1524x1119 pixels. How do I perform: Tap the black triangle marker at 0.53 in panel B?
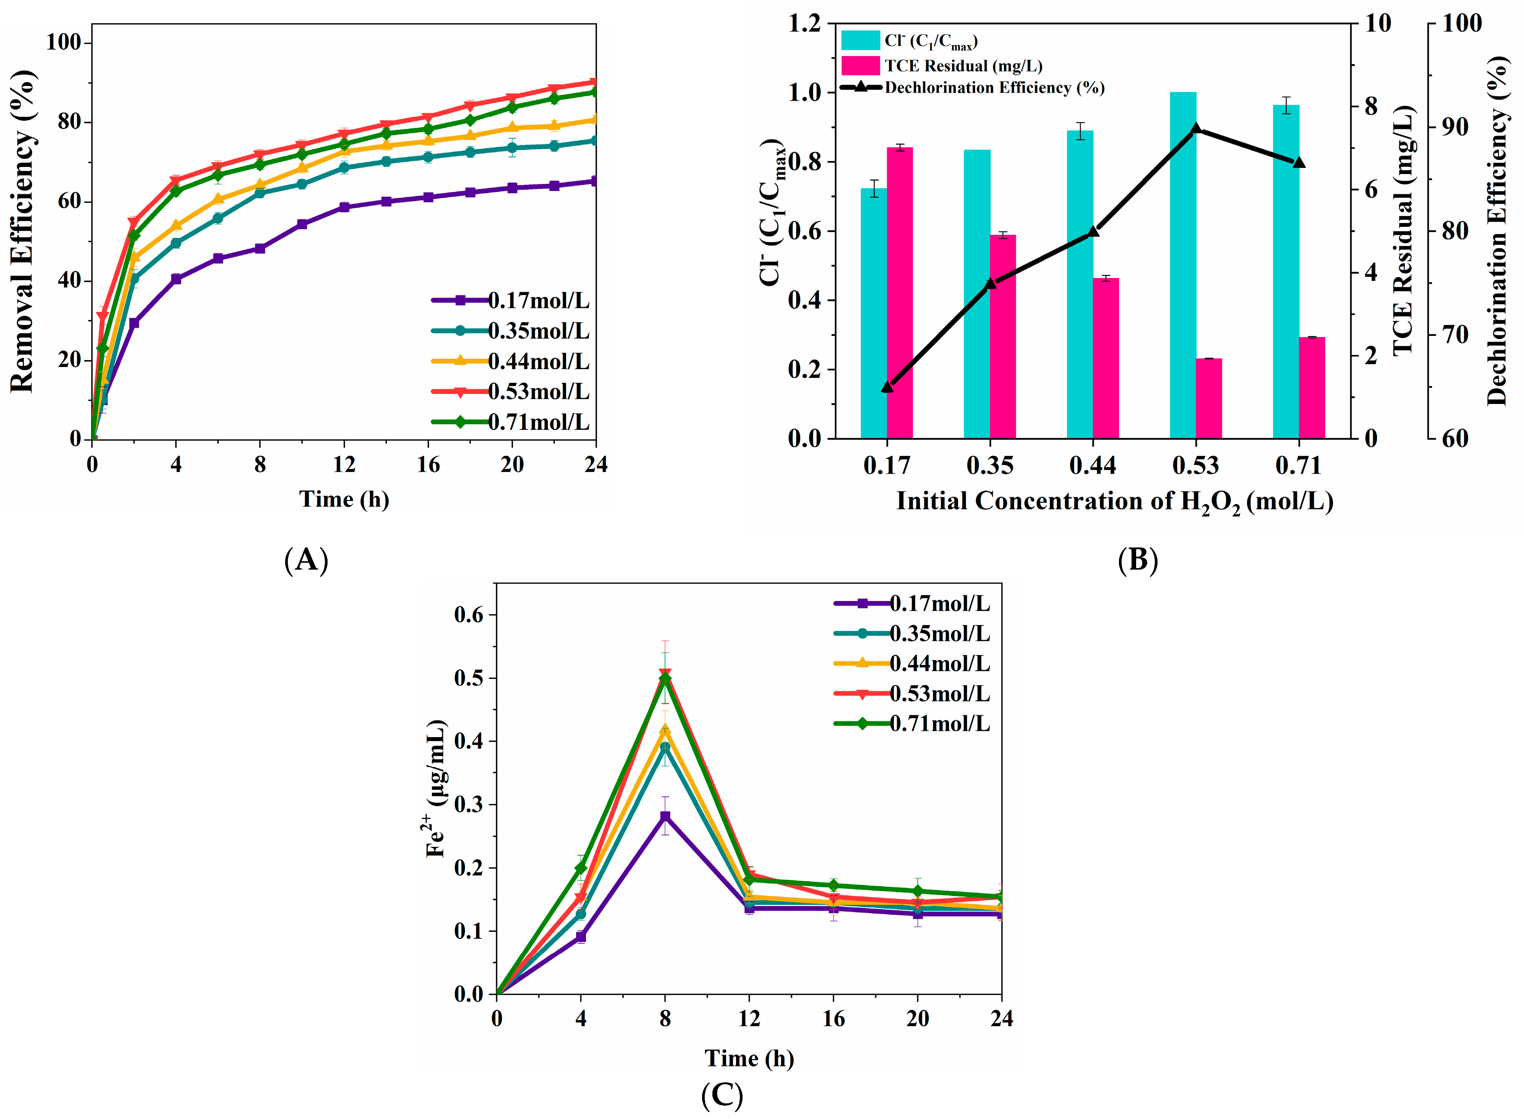1196,129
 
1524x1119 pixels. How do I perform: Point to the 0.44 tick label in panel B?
1093,466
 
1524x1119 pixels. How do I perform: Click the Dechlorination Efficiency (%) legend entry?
994,87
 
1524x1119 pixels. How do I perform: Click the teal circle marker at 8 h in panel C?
665,747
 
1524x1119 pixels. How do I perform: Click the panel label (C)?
722,1095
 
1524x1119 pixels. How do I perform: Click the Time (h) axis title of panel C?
749,1058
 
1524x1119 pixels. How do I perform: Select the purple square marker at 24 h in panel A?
595,181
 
